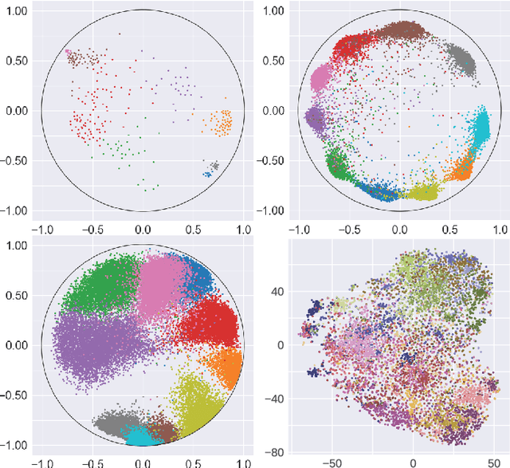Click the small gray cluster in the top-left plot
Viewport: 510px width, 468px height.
click(x=214, y=166)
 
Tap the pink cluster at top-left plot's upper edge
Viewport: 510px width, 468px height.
click(x=72, y=57)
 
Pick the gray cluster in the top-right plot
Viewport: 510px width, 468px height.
click(x=459, y=57)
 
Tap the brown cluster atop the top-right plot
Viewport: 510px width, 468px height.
click(x=402, y=32)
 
